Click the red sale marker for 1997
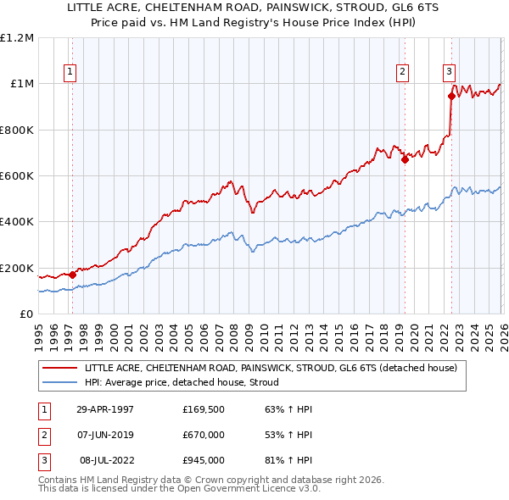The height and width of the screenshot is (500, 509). [x=73, y=275]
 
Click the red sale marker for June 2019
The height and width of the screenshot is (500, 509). [x=405, y=159]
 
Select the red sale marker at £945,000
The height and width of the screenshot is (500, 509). [x=450, y=96]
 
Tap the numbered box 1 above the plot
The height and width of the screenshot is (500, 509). [x=69, y=72]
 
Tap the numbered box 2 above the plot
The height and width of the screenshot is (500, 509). [x=402, y=72]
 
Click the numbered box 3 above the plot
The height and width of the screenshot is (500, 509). [x=449, y=72]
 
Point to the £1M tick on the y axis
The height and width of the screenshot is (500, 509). [x=21, y=84]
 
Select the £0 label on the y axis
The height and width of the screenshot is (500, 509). [x=26, y=314]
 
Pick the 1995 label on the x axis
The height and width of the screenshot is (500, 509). [x=38, y=331]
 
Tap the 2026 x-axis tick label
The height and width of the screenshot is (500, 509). [x=501, y=331]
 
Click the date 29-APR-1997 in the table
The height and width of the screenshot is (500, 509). [x=105, y=408]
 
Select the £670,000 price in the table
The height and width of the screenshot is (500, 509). [x=204, y=435]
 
